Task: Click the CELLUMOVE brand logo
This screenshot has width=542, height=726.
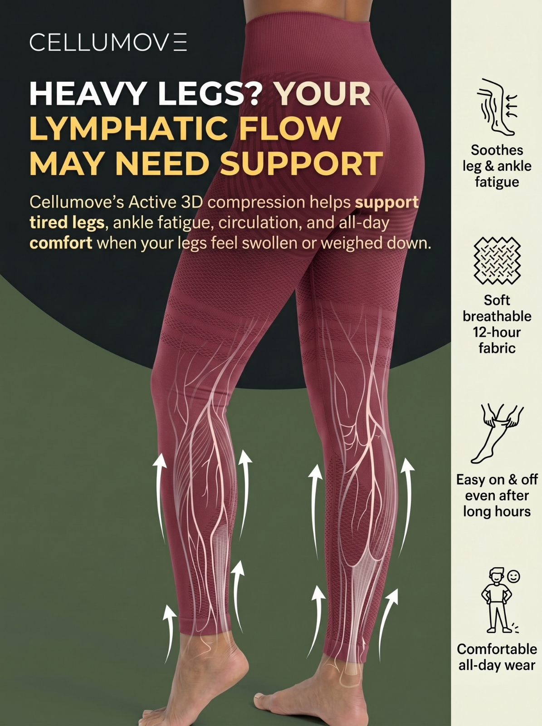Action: [108, 42]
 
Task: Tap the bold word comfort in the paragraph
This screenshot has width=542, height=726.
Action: [61, 243]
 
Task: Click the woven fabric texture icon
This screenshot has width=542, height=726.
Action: [497, 261]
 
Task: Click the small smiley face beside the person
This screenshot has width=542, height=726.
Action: [513, 577]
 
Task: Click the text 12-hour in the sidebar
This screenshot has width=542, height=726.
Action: [497, 332]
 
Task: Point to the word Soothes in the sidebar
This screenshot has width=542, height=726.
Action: [497, 150]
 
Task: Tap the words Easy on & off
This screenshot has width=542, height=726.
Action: [497, 480]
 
